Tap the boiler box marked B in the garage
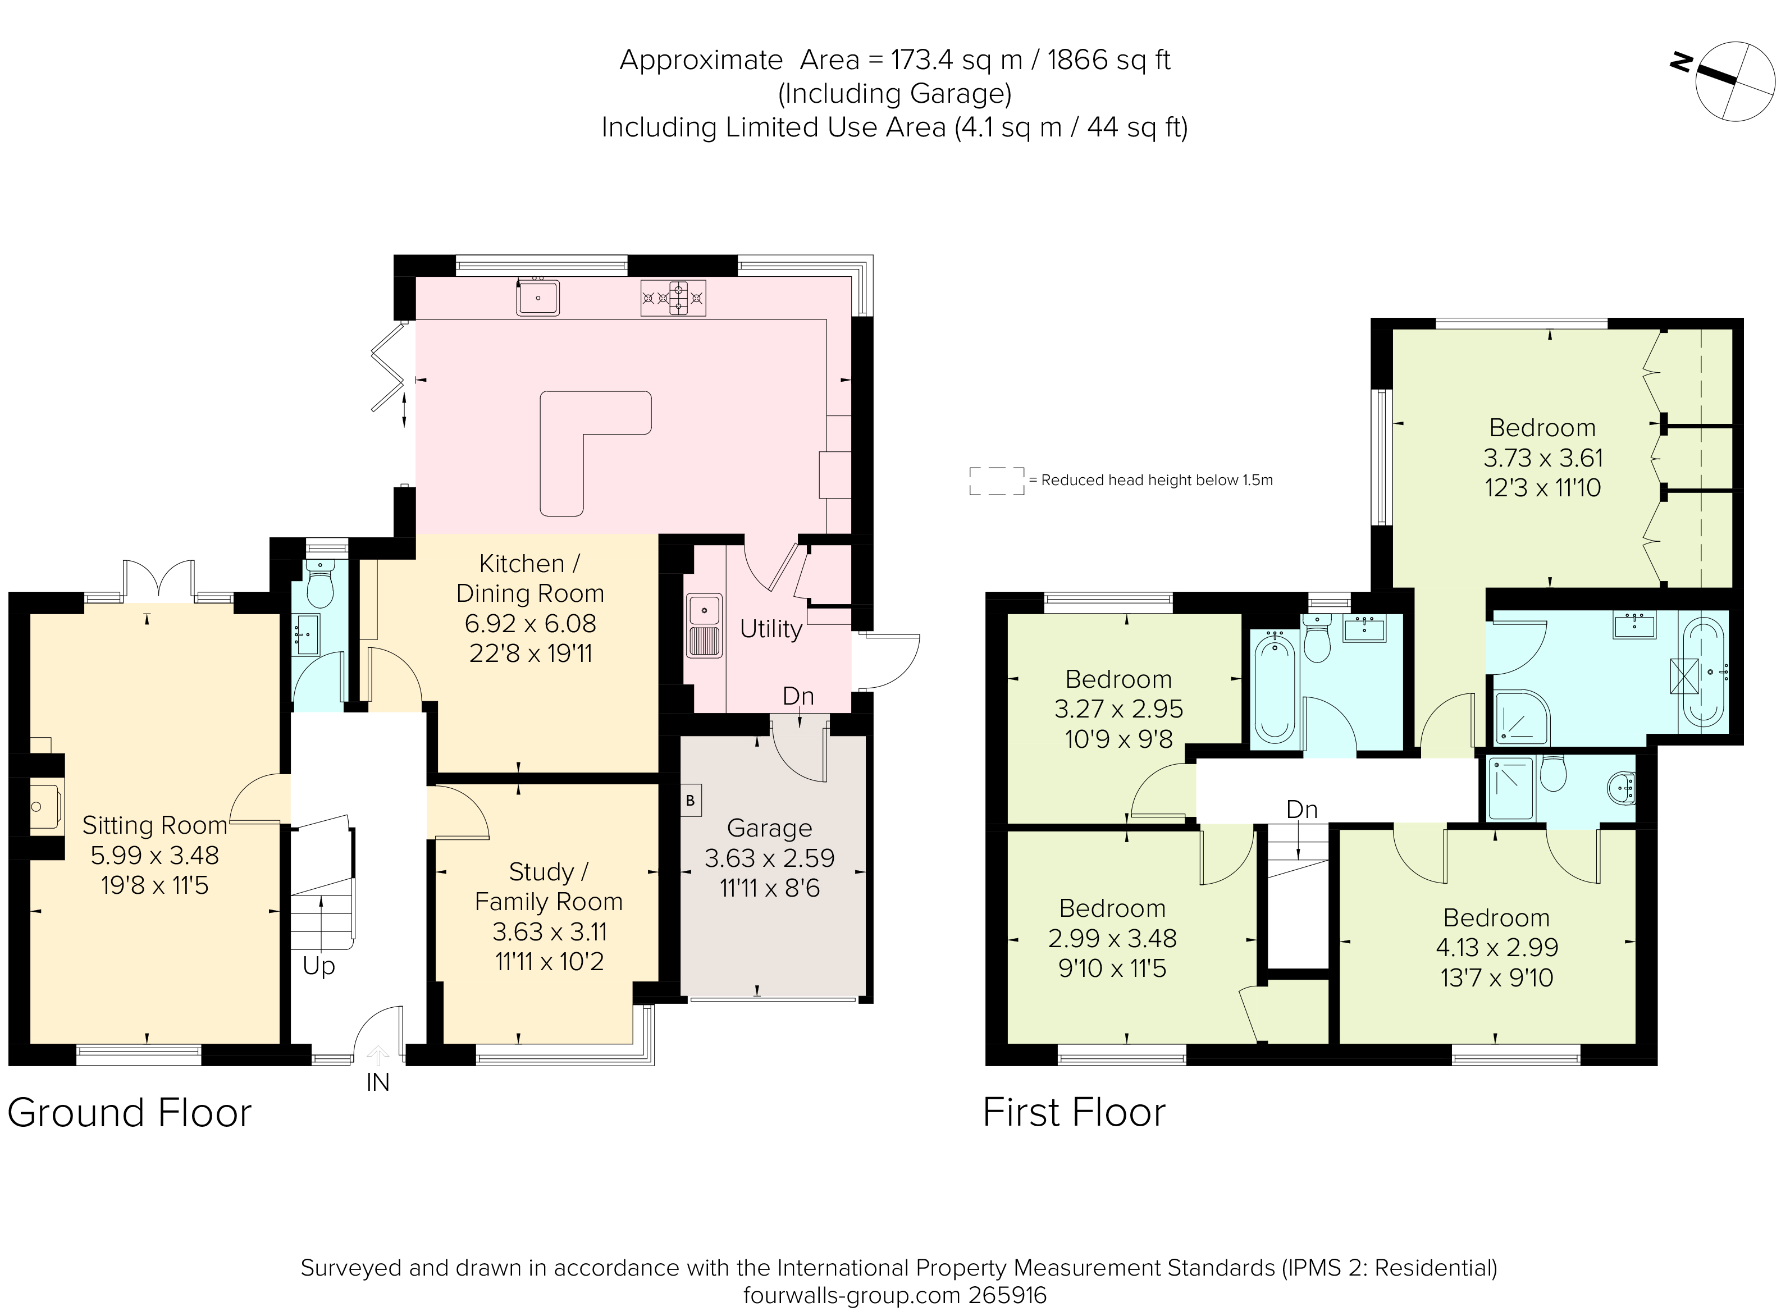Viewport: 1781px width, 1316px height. click(x=691, y=801)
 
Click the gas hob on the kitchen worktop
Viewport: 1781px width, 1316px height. click(x=673, y=299)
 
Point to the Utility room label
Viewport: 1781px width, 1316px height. click(x=770, y=629)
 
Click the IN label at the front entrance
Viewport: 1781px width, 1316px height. click(x=377, y=1084)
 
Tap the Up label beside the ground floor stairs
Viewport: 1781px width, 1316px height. click(x=318, y=966)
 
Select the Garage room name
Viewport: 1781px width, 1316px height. click(x=769, y=829)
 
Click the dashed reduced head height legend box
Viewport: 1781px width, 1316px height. click(x=997, y=481)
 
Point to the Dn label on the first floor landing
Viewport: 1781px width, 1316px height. click(x=1301, y=810)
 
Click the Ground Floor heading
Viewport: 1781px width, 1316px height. click(x=130, y=1113)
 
